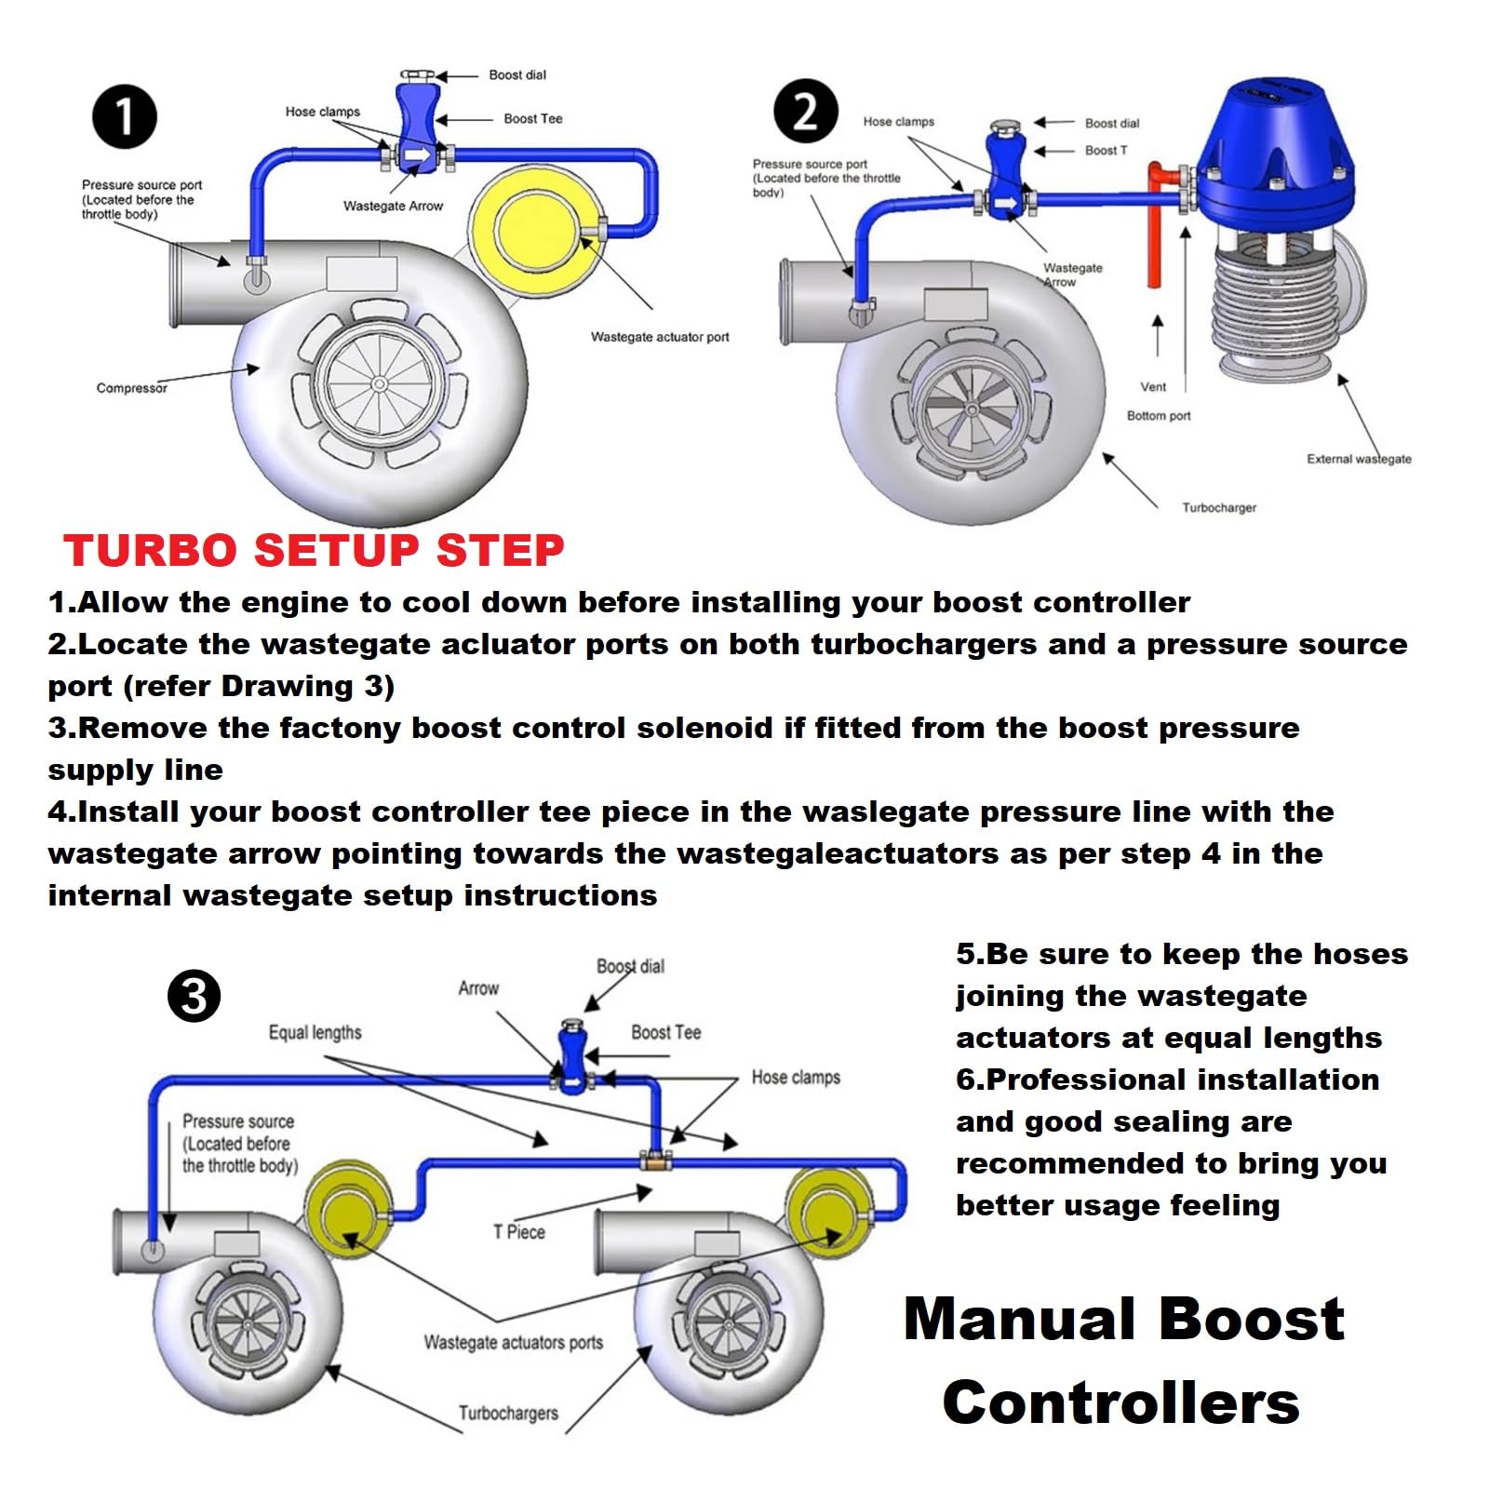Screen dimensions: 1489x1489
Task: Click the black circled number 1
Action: [x=124, y=117]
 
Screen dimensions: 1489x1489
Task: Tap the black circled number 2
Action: [x=806, y=111]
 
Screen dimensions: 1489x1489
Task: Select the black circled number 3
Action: [x=194, y=997]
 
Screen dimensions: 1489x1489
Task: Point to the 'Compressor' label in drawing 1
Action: [x=131, y=388]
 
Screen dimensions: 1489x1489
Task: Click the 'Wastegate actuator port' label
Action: [x=660, y=337]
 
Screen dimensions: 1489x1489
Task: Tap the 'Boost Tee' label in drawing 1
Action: [x=532, y=119]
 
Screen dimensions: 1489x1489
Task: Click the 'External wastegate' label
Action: [x=1358, y=459]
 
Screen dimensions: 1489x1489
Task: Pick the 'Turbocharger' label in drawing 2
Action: [x=1218, y=508]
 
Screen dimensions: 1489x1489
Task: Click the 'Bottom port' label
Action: [x=1158, y=416]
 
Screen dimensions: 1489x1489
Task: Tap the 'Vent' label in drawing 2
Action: [x=1153, y=387]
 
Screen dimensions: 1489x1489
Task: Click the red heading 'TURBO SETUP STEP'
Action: [x=314, y=551]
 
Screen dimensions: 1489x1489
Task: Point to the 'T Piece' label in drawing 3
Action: [x=519, y=1232]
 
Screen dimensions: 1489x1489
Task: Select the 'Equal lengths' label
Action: [x=315, y=1033]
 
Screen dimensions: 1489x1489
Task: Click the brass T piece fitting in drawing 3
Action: [x=656, y=1160]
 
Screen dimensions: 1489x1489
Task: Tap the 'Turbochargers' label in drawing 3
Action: [x=508, y=1414]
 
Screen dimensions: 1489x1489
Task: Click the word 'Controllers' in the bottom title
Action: [x=1120, y=1403]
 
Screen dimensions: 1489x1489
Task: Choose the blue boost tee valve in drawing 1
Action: [x=418, y=126]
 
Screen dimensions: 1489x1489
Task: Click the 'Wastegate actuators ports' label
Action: [x=513, y=1343]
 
